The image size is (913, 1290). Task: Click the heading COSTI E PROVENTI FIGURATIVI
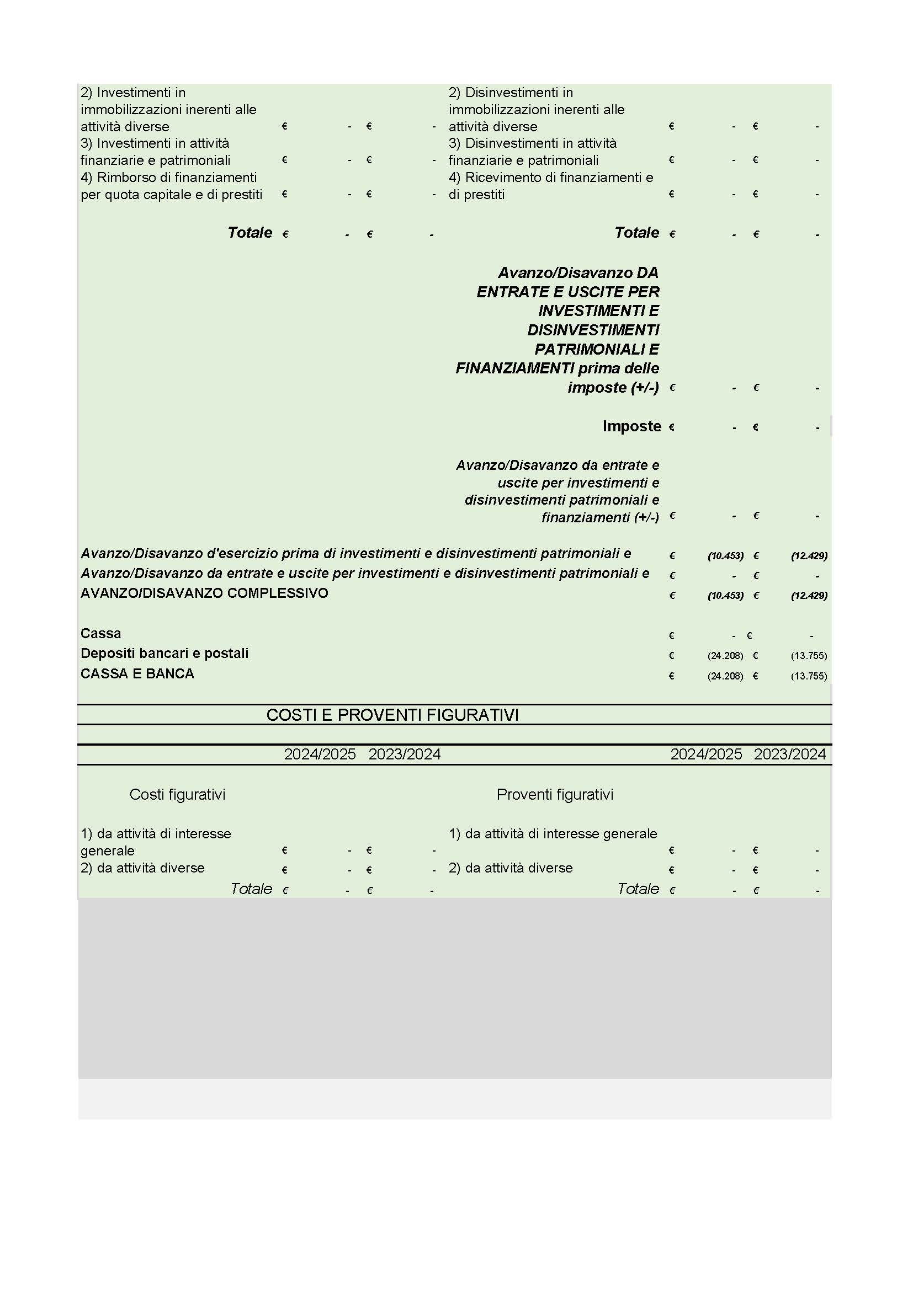click(x=392, y=715)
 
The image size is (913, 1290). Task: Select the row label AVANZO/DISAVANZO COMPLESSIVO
click(x=204, y=593)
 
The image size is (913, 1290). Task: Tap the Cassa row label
click(x=100, y=633)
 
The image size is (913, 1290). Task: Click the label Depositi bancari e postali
click(x=164, y=654)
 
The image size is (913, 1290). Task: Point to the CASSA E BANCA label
click(x=137, y=673)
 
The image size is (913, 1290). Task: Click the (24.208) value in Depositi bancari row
click(x=725, y=656)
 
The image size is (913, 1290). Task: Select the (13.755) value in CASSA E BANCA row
click(x=809, y=676)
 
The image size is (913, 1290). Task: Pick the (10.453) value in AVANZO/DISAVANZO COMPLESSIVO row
click(x=725, y=596)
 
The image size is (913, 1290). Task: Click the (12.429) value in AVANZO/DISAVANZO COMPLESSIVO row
click(x=809, y=596)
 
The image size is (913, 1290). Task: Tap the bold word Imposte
click(x=631, y=426)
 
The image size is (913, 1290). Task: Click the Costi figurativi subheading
click(x=177, y=794)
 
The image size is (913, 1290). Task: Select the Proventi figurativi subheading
click(x=555, y=794)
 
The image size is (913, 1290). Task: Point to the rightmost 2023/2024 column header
click(x=789, y=754)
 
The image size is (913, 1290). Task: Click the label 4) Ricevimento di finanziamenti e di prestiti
click(x=550, y=186)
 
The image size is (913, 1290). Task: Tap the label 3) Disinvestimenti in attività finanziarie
click(x=532, y=152)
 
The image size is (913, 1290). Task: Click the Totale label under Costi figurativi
click(x=251, y=888)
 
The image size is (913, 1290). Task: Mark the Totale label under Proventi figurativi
click(x=638, y=888)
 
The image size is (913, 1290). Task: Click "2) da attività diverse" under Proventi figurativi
click(x=511, y=868)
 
